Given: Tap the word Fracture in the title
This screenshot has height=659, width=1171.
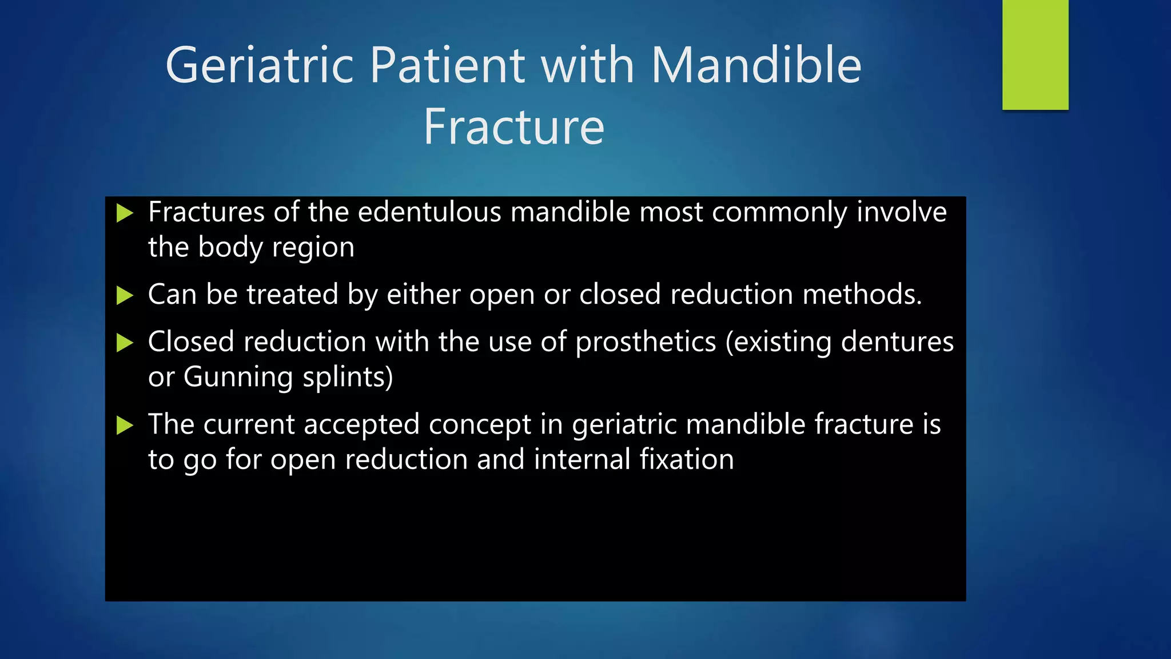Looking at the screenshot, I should (513, 127).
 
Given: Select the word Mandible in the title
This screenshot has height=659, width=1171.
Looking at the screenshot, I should (755, 65).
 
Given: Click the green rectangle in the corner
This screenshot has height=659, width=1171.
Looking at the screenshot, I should (1035, 54).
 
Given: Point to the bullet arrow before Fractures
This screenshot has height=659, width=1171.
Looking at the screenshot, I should (124, 213).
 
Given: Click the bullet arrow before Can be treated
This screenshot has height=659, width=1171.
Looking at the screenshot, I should (124, 296).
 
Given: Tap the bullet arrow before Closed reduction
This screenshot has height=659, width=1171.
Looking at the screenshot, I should (124, 343).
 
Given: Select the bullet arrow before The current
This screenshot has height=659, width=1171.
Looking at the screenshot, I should (124, 426).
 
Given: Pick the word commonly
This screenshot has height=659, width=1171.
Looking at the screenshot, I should (779, 212).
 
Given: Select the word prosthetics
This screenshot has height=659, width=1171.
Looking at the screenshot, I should (646, 342).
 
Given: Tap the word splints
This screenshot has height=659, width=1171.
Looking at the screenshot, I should (347, 378).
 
